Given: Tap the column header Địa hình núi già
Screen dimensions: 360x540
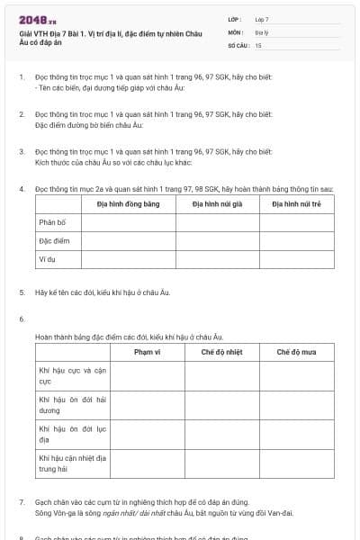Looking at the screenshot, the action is pyautogui.click(x=217, y=204).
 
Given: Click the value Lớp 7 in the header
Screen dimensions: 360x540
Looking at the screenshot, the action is pyautogui.click(x=262, y=18).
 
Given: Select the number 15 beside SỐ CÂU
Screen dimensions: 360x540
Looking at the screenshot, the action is pyautogui.click(x=258, y=44).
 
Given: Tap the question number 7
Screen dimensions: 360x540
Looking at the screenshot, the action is pyautogui.click(x=22, y=501).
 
